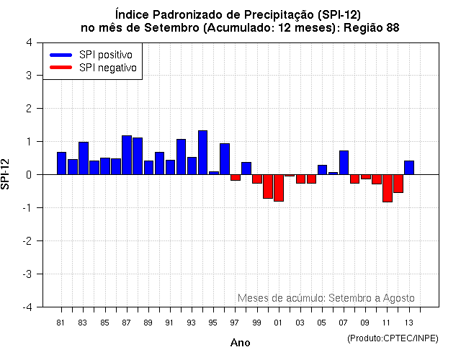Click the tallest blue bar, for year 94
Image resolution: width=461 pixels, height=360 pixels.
click(x=202, y=153)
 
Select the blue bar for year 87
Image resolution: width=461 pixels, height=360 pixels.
click(x=127, y=155)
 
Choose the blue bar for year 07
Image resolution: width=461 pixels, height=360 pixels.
click(x=344, y=162)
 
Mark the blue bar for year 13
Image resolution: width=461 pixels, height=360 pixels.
click(x=408, y=167)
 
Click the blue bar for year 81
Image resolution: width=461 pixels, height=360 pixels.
click(x=61, y=163)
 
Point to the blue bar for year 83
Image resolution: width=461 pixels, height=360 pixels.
click(x=83, y=158)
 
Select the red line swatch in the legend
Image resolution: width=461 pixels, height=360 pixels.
click(x=61, y=68)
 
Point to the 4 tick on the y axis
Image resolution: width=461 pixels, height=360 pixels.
click(x=28, y=42)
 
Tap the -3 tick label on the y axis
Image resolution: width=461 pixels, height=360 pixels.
click(x=27, y=274)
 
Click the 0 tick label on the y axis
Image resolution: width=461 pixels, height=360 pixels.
click(x=28, y=174)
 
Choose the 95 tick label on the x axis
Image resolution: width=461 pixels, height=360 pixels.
click(x=213, y=323)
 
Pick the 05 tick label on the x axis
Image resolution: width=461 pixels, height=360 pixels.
click(x=321, y=323)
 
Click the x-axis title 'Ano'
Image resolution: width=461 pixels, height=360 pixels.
click(x=240, y=343)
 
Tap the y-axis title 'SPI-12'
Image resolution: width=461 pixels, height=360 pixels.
click(x=6, y=174)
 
